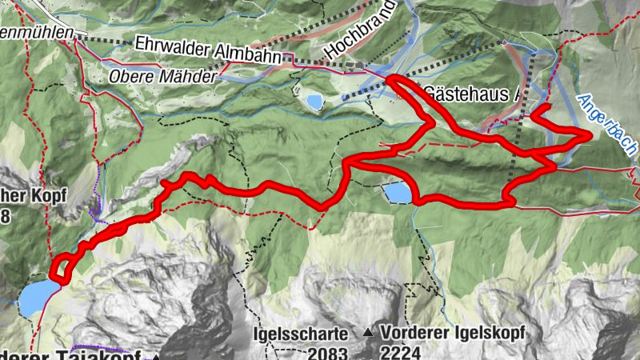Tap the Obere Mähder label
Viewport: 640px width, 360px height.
[162, 78]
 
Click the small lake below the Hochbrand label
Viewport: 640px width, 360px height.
[312, 102]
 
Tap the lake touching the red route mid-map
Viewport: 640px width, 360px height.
[398, 194]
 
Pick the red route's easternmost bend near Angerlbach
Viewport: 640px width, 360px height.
[590, 136]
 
